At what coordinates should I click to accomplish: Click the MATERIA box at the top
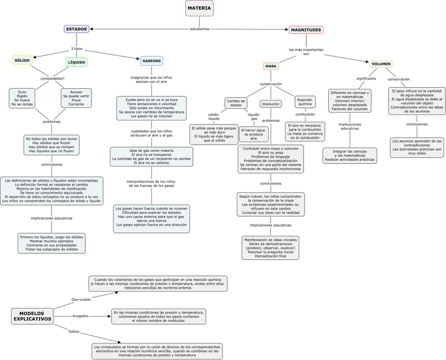coord(199,8)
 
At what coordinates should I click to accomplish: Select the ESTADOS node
coord(77,29)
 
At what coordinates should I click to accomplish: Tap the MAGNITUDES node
coord(306,30)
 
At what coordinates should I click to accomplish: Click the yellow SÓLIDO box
coord(22,60)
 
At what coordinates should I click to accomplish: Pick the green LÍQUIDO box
coord(77,62)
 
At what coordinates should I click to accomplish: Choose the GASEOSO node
coord(151,61)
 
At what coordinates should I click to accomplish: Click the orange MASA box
coord(271,66)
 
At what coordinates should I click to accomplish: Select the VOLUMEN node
coord(381,64)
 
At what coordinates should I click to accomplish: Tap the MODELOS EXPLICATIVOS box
coord(33,316)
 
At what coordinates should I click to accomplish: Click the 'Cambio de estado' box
coord(236,102)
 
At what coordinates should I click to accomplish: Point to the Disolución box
coord(271,104)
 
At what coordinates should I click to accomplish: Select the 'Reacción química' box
coord(305,101)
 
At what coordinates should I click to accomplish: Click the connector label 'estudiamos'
coord(199,29)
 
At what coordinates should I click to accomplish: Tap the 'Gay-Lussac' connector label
coord(81,299)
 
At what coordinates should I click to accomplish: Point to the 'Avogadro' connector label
coord(80,316)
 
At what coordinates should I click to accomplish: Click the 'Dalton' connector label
coord(74,332)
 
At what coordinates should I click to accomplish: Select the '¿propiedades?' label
coord(52,78)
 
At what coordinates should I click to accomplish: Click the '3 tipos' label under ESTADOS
coord(77,49)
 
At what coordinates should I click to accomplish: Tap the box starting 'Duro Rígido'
coord(22,98)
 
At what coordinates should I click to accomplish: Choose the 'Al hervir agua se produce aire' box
coord(254,134)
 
